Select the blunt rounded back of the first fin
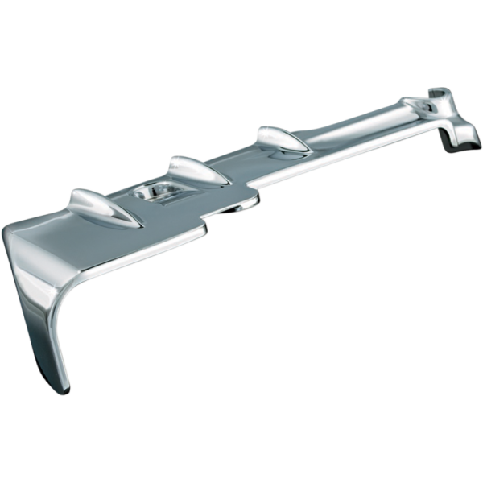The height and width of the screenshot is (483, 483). pos(75,198)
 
